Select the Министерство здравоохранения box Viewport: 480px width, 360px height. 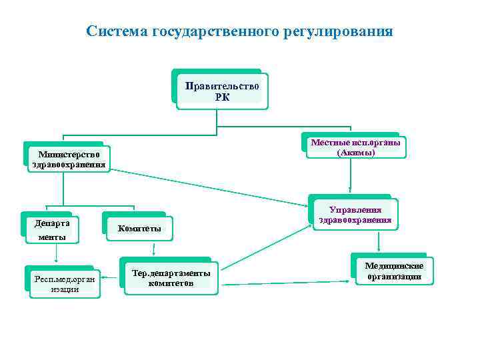[68, 159]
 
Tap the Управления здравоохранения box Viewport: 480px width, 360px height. [355, 215]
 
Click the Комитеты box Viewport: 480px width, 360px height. [139, 229]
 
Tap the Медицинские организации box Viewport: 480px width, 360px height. [393, 271]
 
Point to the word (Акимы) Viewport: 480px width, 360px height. [356, 152]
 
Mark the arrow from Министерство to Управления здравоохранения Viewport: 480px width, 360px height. [207, 186]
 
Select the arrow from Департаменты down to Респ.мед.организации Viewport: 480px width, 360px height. [57, 254]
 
